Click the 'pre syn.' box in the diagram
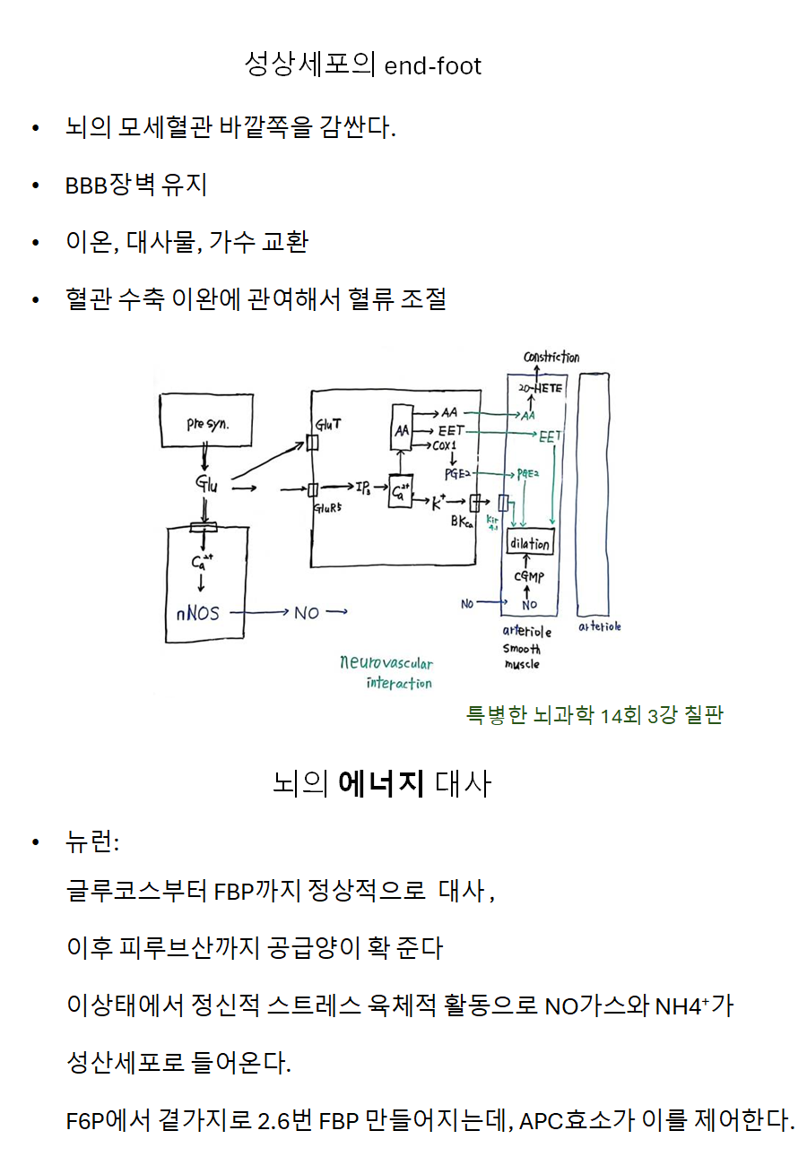[x=207, y=423]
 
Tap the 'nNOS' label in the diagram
[x=196, y=614]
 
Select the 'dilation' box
[x=530, y=544]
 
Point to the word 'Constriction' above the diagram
[x=551, y=358]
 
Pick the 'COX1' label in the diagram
[x=445, y=445]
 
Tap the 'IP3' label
[x=363, y=488]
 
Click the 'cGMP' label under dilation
[x=529, y=578]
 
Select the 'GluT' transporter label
[x=326, y=423]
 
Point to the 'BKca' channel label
[x=463, y=522]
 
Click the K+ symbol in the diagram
[x=438, y=503]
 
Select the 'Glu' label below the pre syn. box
[x=206, y=485]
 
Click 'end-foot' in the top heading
[x=433, y=65]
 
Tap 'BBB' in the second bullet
[x=86, y=186]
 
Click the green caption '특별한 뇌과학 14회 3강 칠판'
[x=594, y=714]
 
